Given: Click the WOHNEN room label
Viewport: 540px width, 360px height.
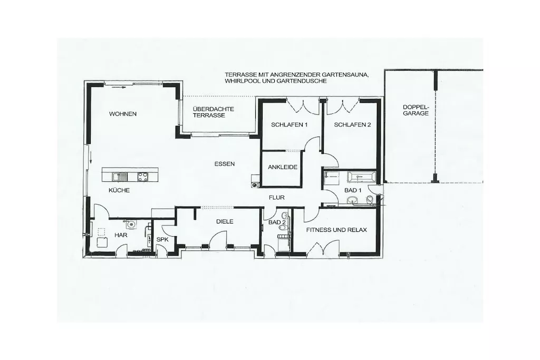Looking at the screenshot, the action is (123, 114).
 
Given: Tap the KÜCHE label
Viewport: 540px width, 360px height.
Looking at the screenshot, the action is (119, 190).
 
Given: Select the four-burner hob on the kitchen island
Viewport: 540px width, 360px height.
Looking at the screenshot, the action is (142, 177).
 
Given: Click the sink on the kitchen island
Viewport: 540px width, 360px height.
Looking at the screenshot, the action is (120, 177).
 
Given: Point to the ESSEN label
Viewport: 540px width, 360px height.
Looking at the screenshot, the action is (225, 164).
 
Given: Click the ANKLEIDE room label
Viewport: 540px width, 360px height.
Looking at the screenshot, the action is (283, 167).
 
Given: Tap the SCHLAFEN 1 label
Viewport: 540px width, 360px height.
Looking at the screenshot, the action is (289, 125).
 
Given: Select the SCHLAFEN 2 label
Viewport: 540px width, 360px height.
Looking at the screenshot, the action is (352, 125).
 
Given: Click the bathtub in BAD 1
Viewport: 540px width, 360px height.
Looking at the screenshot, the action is (361, 177).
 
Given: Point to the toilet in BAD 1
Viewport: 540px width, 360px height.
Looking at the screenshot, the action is (370, 200).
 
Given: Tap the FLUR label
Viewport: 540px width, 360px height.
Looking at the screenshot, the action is (277, 198).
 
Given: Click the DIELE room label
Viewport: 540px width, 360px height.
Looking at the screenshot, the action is (225, 222).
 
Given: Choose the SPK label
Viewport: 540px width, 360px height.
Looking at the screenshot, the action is (162, 239).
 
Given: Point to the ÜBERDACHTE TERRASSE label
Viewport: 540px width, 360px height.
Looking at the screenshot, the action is (213, 112).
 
